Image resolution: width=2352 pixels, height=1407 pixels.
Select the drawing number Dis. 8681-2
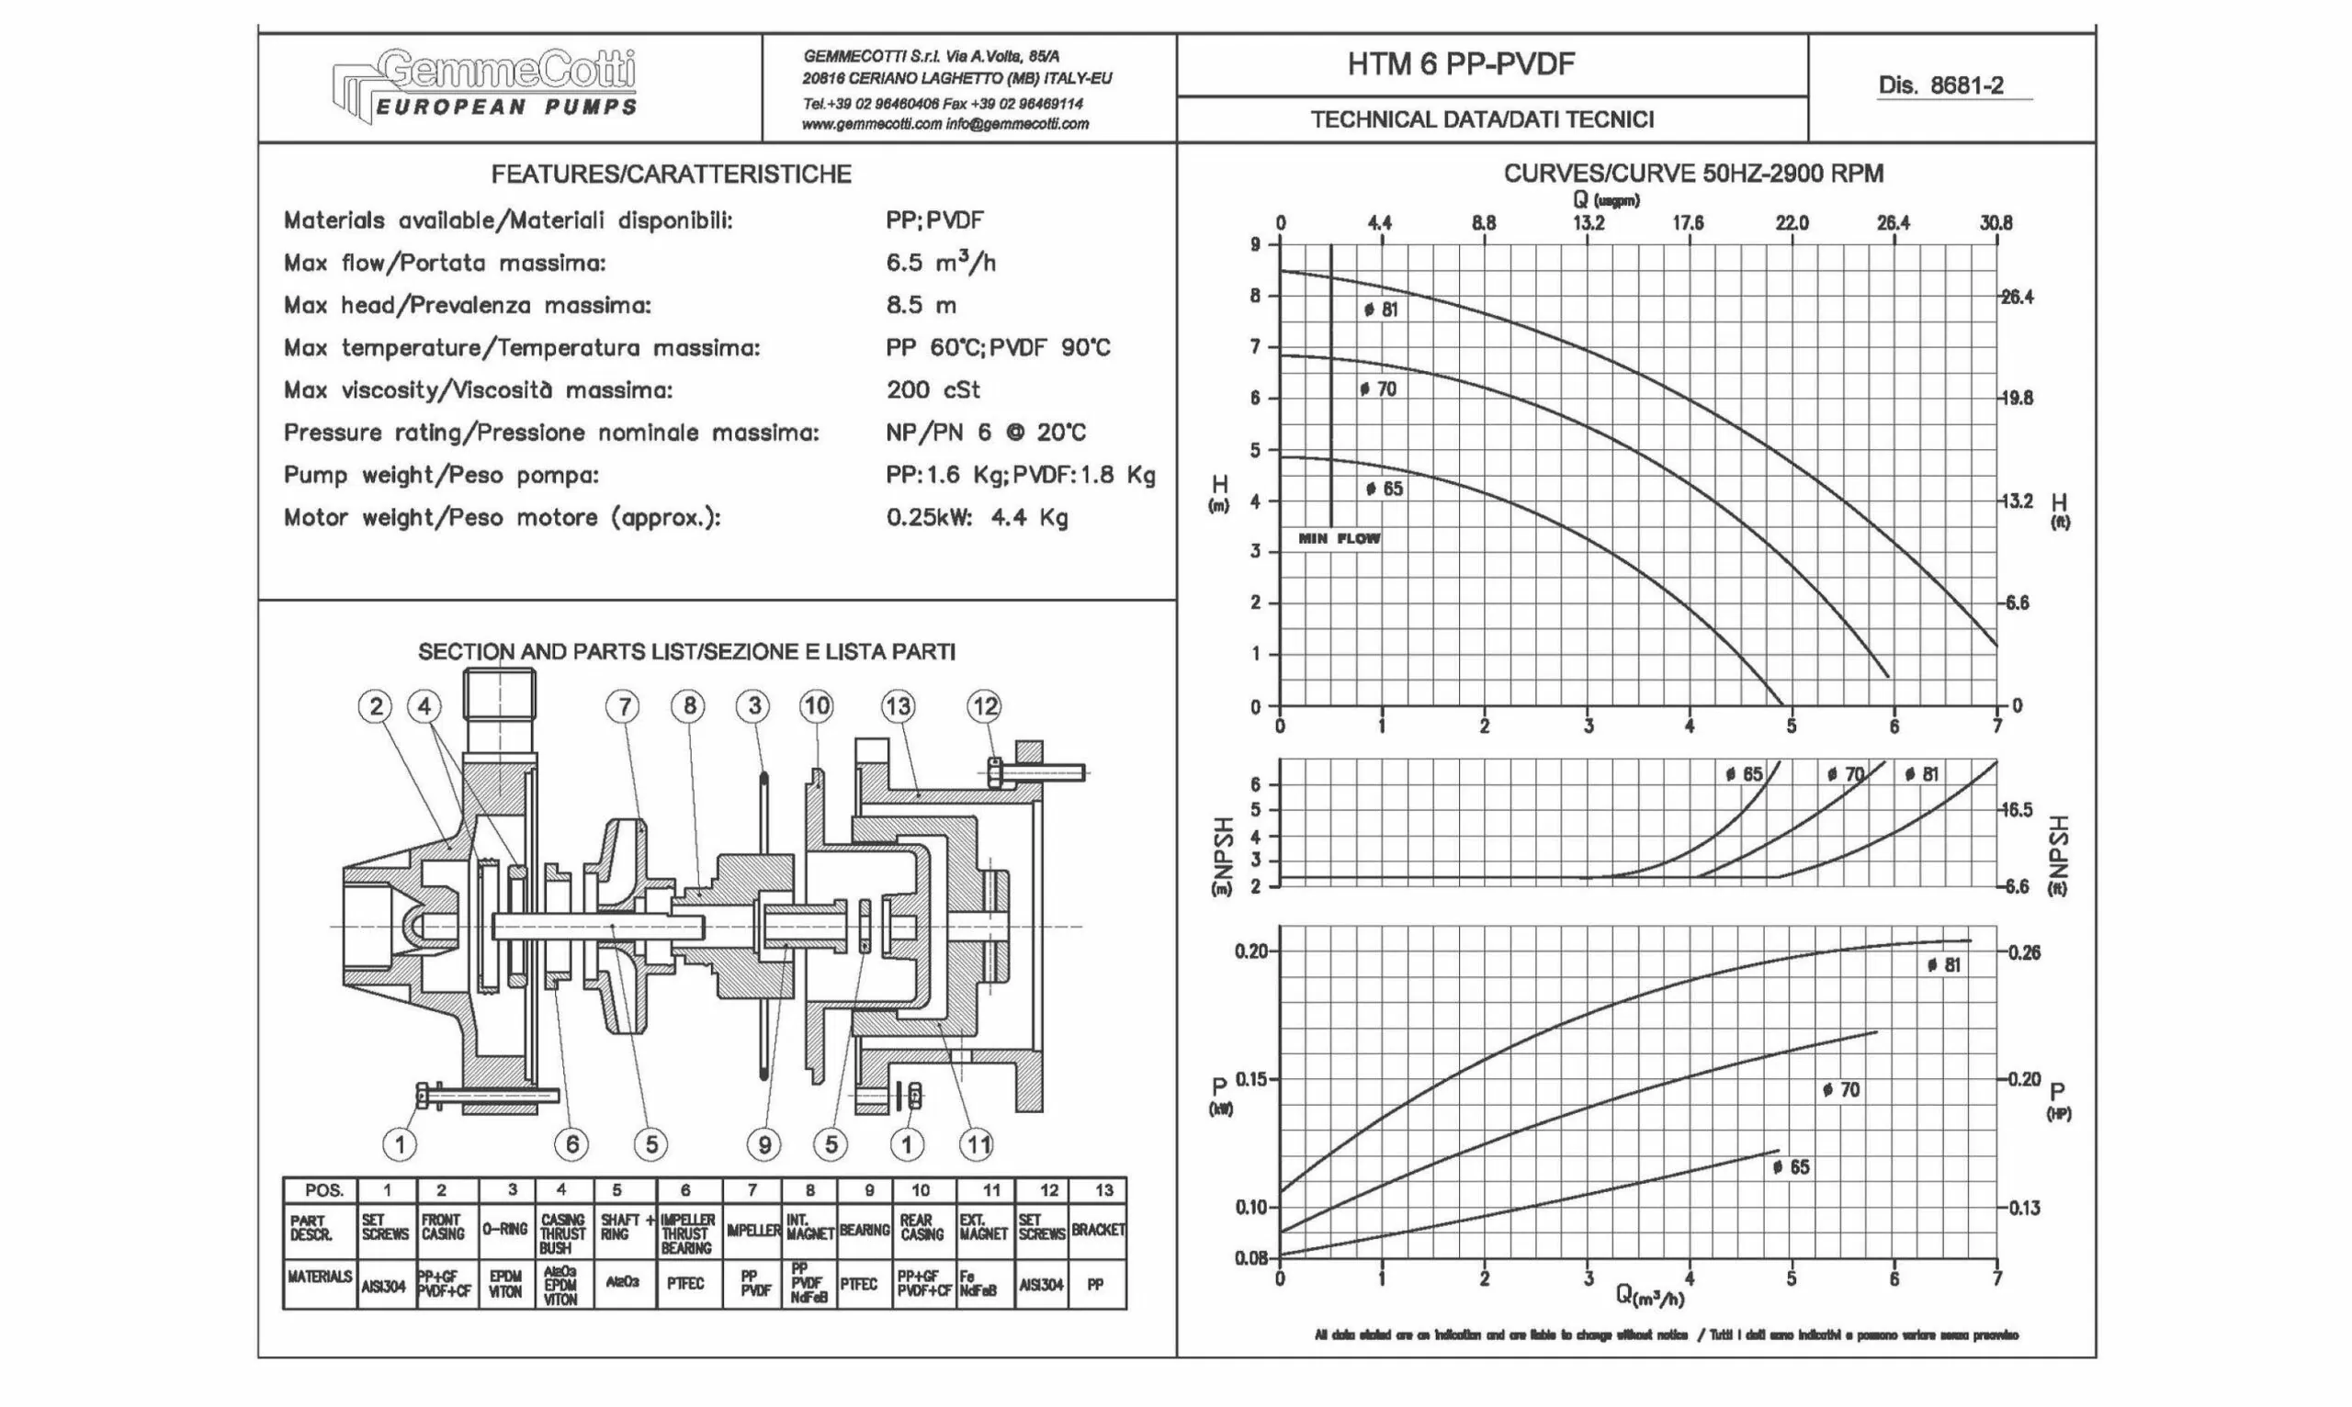pyautogui.click(x=1940, y=85)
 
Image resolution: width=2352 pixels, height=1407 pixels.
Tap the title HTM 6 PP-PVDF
pyautogui.click(x=1461, y=64)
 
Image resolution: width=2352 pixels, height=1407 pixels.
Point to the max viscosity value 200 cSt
pyautogui.click(x=933, y=389)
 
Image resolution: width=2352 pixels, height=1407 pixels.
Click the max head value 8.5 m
pyautogui.click(x=921, y=305)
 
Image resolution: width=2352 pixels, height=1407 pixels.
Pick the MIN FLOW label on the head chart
pyautogui.click(x=1339, y=538)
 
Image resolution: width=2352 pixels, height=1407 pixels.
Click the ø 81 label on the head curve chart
pyautogui.click(x=1381, y=310)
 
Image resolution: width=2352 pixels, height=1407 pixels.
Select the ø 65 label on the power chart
pyautogui.click(x=1791, y=1167)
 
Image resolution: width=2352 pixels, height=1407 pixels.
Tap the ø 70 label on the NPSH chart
pyautogui.click(x=1845, y=774)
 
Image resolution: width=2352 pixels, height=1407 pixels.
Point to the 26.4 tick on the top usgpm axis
pyautogui.click(x=1893, y=223)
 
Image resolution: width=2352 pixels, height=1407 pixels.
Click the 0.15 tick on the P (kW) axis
pyautogui.click(x=1252, y=1079)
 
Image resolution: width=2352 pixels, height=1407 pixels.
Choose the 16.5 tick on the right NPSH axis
pyautogui.click(x=2018, y=810)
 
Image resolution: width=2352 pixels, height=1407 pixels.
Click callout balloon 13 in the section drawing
pyautogui.click(x=898, y=706)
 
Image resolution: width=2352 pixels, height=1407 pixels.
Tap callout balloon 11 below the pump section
pyautogui.click(x=977, y=1144)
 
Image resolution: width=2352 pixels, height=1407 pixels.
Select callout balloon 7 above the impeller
pyautogui.click(x=623, y=706)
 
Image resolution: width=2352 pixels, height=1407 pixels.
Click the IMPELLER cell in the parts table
pyautogui.click(x=753, y=1231)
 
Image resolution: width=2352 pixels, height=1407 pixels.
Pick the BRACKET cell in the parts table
pyautogui.click(x=1097, y=1230)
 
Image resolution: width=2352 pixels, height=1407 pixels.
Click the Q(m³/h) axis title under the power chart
pyautogui.click(x=1650, y=1294)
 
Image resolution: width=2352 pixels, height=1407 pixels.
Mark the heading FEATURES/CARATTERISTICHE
pyautogui.click(x=671, y=174)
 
